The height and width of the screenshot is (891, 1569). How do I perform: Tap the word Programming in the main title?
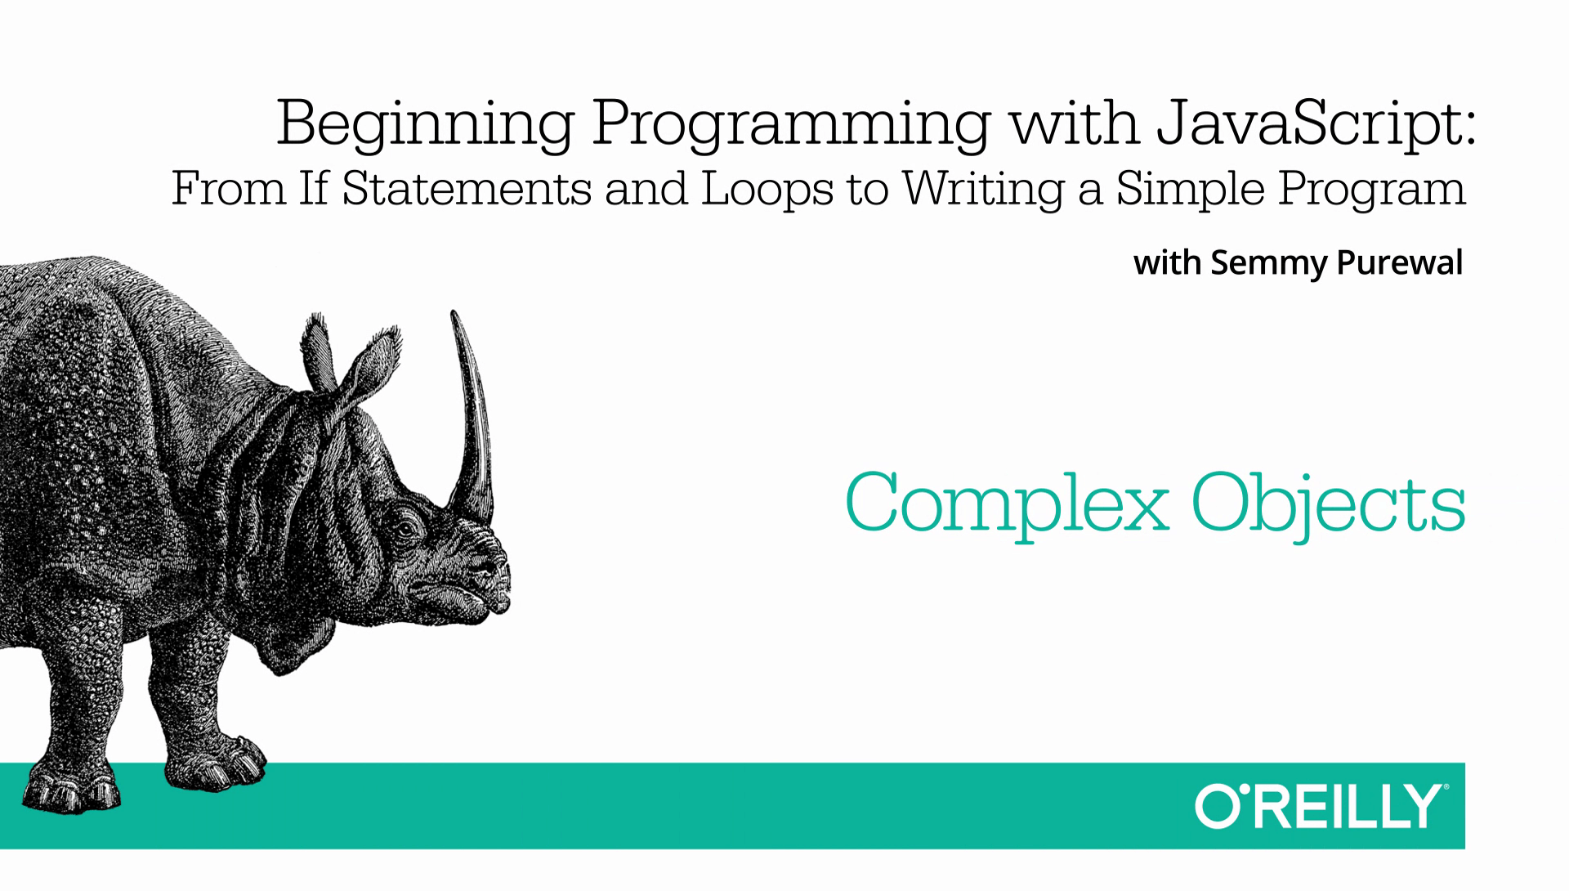(791, 125)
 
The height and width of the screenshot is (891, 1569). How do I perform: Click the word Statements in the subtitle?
(466, 188)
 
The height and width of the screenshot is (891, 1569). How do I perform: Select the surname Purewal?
(1399, 263)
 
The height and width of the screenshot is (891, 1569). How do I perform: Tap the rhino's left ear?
(320, 351)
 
